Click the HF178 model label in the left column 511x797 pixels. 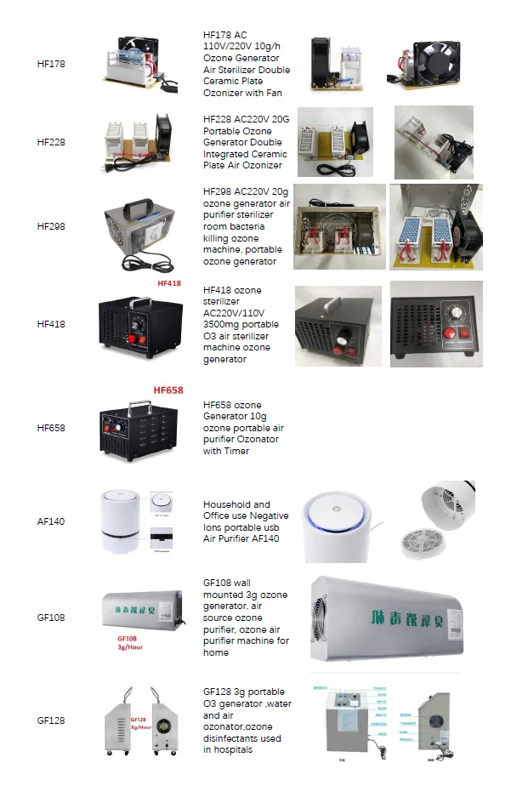51,64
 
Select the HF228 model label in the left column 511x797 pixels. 51,142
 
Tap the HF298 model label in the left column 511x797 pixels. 51,226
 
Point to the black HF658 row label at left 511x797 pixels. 51,428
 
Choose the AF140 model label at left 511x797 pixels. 51,521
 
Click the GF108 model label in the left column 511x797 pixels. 51,618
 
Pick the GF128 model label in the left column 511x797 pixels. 51,720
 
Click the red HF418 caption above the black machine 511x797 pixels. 170,283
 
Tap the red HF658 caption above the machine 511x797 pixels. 168,390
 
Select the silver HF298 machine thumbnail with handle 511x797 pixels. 139,226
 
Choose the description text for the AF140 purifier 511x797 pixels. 246,521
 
